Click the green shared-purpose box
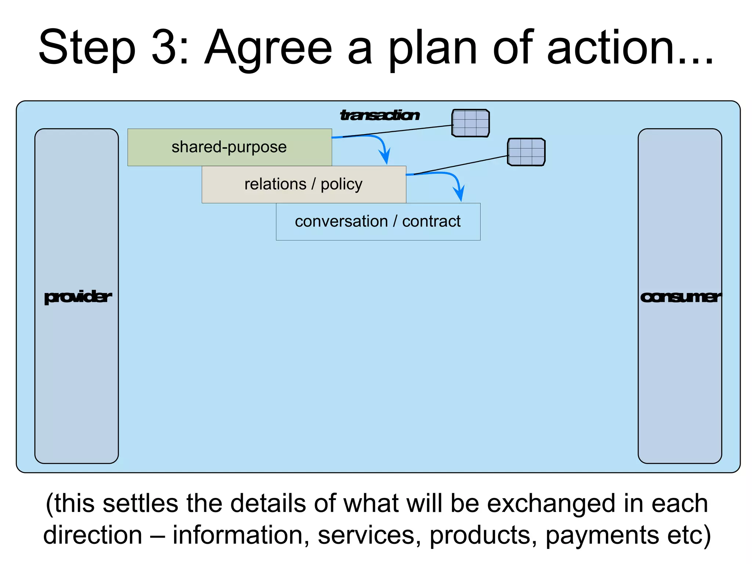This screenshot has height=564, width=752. (x=229, y=147)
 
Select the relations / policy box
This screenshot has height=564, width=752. (x=304, y=184)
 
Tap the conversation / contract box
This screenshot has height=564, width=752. (x=378, y=222)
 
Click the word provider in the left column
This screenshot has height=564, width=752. (x=77, y=297)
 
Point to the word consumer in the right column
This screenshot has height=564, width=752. (x=680, y=297)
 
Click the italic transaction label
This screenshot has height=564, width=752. (x=380, y=115)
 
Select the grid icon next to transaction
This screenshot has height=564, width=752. (x=470, y=123)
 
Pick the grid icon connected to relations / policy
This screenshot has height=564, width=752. (x=526, y=152)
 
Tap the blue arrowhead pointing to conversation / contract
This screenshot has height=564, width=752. (x=459, y=194)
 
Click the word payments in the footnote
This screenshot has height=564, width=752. (x=602, y=535)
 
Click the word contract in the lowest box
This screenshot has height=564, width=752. (x=431, y=222)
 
